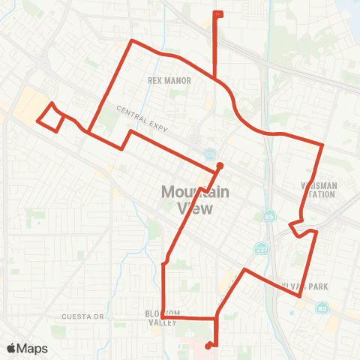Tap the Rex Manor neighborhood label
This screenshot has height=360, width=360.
pos(169,80)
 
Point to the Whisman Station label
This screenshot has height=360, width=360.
pos(319,190)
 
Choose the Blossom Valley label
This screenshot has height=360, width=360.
pos(163,317)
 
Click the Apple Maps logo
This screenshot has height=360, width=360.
pos(27,348)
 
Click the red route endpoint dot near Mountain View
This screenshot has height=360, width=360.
pos(220,166)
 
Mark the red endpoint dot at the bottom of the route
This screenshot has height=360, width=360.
pos(207,346)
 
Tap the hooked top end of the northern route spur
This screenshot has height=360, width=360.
pos(218,13)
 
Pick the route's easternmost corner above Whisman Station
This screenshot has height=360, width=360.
pos(322,144)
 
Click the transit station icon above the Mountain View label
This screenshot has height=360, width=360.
pos(208,154)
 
